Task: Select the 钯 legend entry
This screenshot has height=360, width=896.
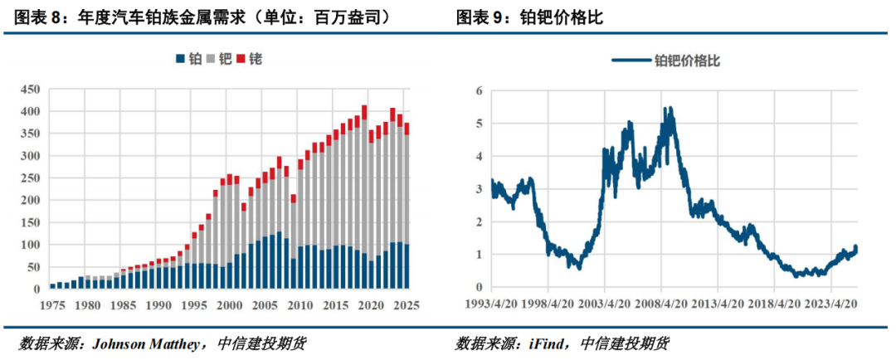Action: coord(220,59)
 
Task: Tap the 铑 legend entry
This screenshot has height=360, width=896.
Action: coord(251,59)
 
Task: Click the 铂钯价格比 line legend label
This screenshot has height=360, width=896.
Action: coord(688,60)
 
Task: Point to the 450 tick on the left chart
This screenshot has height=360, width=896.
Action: coord(31,89)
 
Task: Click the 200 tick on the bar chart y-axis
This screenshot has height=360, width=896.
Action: coord(31,201)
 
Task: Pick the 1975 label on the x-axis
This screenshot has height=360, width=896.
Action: coord(52,304)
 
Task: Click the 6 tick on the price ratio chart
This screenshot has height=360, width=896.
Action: coord(479,90)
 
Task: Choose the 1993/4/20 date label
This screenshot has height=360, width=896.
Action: coord(490,304)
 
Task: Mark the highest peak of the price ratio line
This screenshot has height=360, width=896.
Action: coord(670,108)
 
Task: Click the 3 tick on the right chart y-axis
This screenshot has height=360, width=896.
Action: coord(479,188)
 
